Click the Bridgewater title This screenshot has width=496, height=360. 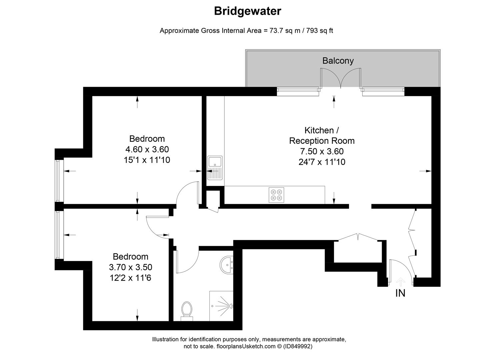[247, 11]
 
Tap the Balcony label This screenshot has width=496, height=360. [338, 61]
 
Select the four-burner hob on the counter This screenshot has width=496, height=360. [277, 195]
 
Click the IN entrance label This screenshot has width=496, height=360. [400, 293]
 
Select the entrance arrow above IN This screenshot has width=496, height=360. [400, 282]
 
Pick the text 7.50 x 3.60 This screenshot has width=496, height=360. [322, 151]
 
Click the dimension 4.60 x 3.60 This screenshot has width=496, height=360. [147, 149]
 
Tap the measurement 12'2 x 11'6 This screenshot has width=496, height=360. [130, 278]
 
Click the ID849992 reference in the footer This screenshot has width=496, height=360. [298, 346]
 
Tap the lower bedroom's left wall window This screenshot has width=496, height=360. [59, 235]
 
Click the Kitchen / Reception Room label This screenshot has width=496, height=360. [322, 135]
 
